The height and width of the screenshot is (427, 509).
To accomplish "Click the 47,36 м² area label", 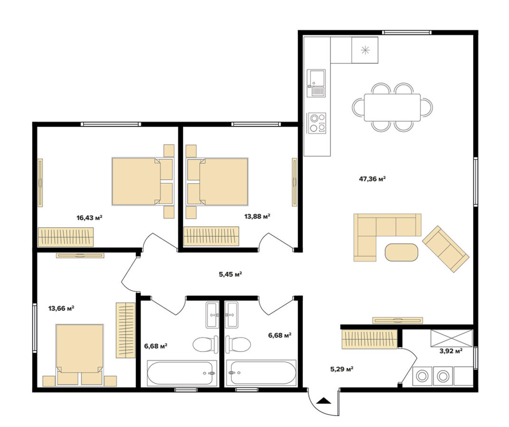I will [372, 179].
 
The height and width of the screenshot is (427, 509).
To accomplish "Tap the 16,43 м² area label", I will [89, 218].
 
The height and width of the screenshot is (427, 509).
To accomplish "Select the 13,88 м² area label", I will [257, 216].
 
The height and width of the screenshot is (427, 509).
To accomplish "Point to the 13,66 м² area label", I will [61, 308].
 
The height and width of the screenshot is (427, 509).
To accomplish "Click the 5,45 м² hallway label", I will [231, 274].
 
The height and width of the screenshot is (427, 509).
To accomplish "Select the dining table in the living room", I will [392, 107].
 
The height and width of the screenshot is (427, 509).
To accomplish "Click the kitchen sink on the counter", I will [316, 83].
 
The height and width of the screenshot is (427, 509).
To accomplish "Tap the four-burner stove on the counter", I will [317, 123].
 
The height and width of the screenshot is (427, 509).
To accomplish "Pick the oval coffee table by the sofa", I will [401, 252].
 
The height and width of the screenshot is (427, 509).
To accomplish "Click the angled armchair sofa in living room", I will [445, 249].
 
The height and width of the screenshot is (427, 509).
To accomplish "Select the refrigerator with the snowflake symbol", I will [365, 50].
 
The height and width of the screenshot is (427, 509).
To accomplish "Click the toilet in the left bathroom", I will [205, 344].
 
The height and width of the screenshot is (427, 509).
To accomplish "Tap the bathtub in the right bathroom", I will [262, 373].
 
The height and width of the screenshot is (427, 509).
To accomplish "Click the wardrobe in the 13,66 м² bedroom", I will [125, 330].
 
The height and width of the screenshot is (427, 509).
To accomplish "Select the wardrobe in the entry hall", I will [369, 339].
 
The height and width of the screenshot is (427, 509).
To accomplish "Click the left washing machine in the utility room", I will [421, 376].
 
